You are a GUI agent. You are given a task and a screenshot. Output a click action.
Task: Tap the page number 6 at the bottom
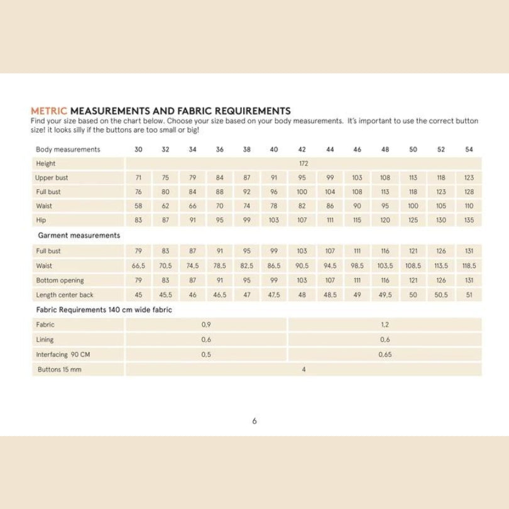(255, 421)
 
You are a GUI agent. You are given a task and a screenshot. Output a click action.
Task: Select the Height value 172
(304, 163)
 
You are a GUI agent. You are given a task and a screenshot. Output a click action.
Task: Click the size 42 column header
(302, 149)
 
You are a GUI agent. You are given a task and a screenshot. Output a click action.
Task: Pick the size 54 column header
(469, 149)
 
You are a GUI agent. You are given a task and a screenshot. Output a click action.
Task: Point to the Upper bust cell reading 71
(139, 178)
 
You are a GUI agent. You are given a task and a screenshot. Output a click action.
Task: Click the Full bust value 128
(469, 192)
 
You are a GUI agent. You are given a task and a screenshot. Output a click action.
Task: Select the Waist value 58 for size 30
(139, 206)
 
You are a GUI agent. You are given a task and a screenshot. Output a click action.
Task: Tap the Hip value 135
(469, 221)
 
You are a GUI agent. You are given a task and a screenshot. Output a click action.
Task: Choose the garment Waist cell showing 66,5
(139, 265)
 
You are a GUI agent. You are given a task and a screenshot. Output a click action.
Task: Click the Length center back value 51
(469, 294)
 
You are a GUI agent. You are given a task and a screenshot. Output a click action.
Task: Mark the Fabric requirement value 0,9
(206, 325)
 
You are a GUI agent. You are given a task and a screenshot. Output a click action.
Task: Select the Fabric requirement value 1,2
(385, 325)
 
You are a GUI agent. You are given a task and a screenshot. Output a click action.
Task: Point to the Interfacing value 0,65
(385, 354)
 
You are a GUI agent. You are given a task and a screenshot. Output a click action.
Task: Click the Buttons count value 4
(304, 369)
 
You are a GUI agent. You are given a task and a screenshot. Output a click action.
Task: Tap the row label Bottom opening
(60, 280)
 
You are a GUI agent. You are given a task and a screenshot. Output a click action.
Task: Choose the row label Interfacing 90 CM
(63, 354)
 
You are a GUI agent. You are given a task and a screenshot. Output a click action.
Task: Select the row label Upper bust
(52, 178)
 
